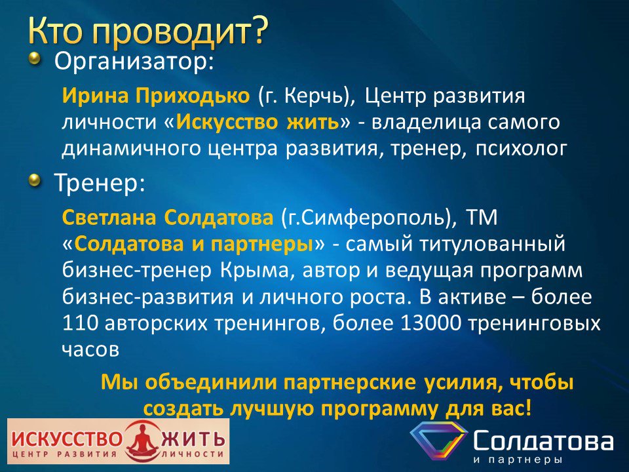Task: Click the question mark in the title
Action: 257,31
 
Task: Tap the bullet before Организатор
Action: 35,59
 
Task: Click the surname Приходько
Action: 193,96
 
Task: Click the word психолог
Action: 521,149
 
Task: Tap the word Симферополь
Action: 374,218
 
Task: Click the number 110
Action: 80,323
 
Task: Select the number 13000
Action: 430,323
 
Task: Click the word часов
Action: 90,350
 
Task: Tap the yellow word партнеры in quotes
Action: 262,245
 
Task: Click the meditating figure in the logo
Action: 142,441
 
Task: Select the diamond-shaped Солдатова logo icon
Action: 439,441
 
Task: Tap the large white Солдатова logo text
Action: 544,441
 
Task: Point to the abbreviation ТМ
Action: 482,218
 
